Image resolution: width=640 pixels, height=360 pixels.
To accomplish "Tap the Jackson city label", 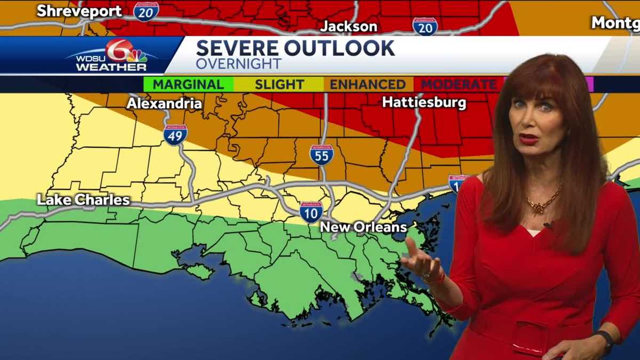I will pyautogui.click(x=349, y=26).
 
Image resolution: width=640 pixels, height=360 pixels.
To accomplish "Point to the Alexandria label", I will pyautogui.click(x=164, y=103).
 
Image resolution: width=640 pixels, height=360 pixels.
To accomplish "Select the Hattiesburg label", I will pyautogui.click(x=424, y=102).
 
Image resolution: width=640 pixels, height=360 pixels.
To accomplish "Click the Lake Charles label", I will pyautogui.click(x=83, y=200).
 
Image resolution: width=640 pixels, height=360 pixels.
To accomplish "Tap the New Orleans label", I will pyautogui.click(x=363, y=227).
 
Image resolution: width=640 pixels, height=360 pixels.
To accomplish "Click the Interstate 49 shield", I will pyautogui.click(x=175, y=134).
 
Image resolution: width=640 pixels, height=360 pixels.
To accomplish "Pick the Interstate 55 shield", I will pyautogui.click(x=322, y=154).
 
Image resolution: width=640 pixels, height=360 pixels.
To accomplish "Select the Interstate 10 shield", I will pyautogui.click(x=311, y=212).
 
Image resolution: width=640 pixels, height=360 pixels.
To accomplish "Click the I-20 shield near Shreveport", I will pyautogui.click(x=146, y=11).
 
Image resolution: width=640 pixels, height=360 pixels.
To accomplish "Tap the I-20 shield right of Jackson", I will pyautogui.click(x=425, y=26).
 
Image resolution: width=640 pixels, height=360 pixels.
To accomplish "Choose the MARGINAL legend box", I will pyautogui.click(x=188, y=84).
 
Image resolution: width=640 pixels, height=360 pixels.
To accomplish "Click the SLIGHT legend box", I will pyautogui.click(x=279, y=84).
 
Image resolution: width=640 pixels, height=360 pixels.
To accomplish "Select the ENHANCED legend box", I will pyautogui.click(x=368, y=84).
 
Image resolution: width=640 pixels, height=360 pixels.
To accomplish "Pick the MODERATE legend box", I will pyautogui.click(x=458, y=84).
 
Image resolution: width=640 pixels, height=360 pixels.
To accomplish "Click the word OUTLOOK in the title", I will pyautogui.click(x=340, y=49).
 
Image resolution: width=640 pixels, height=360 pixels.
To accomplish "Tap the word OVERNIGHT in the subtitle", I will pyautogui.click(x=238, y=64).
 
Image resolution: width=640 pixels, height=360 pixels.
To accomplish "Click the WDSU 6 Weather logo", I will pyautogui.click(x=115, y=55).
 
